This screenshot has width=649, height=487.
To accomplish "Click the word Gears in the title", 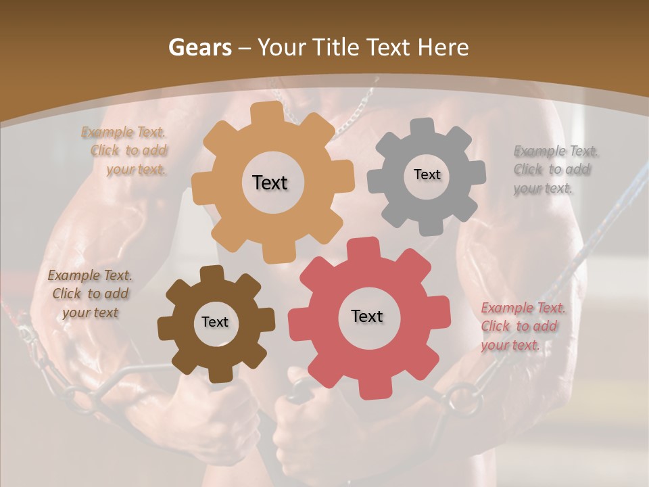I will pyautogui.click(x=199, y=47).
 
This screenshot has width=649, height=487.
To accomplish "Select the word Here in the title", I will pyautogui.click(x=443, y=47).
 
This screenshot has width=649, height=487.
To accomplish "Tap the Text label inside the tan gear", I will pyautogui.click(x=270, y=183).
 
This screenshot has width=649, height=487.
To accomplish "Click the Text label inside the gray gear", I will pyautogui.click(x=427, y=175).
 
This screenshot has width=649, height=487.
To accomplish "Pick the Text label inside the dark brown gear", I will pyautogui.click(x=215, y=322).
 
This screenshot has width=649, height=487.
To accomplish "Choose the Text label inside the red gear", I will pyautogui.click(x=367, y=316).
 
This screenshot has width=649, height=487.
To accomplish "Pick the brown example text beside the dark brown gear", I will pyautogui.click(x=90, y=294).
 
